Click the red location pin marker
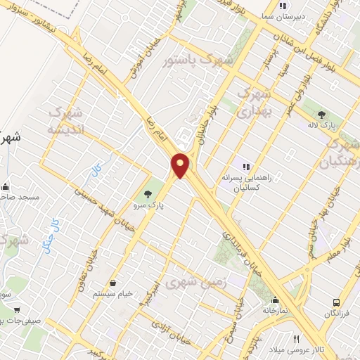point(181,165)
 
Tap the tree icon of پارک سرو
point(148,194)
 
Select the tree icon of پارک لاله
point(321,114)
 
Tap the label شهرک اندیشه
point(65,121)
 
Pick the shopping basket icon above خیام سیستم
point(112,283)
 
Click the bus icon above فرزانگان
point(337,303)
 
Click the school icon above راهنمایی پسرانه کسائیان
point(246,167)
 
